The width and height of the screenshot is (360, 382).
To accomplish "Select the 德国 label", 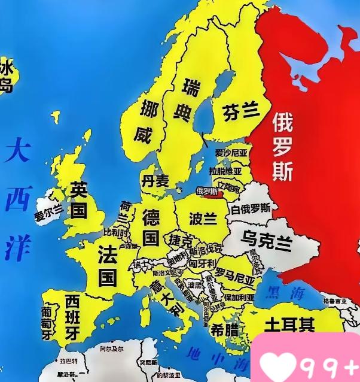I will (x=150, y=226).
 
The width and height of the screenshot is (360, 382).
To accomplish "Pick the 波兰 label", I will (x=202, y=218).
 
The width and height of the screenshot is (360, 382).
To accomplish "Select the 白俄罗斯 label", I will (x=251, y=209).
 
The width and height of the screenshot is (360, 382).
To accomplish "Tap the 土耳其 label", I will (x=289, y=325).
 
